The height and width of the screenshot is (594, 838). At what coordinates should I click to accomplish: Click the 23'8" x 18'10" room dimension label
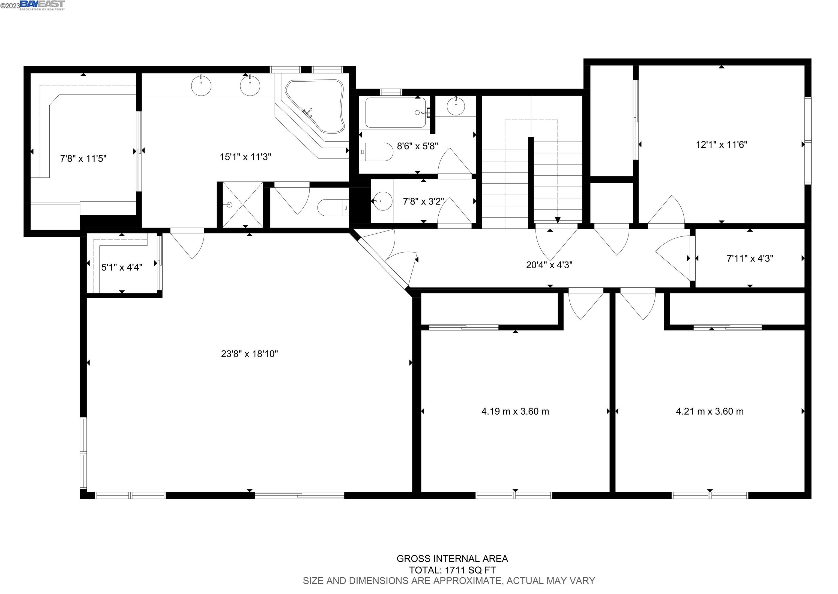click(249, 354)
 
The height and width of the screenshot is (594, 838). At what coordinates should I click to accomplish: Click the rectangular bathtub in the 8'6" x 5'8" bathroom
click(396, 113)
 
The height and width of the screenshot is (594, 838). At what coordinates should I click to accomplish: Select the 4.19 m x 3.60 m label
click(515, 411)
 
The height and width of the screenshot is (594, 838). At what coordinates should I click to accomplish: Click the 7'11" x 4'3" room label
click(750, 258)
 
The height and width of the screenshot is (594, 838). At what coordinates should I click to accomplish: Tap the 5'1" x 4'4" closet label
click(122, 267)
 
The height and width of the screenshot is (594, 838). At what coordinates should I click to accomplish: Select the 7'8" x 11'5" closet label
click(83, 158)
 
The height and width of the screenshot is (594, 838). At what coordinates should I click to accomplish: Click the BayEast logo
click(42, 5)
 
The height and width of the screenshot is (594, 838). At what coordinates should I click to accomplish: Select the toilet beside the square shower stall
click(333, 208)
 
